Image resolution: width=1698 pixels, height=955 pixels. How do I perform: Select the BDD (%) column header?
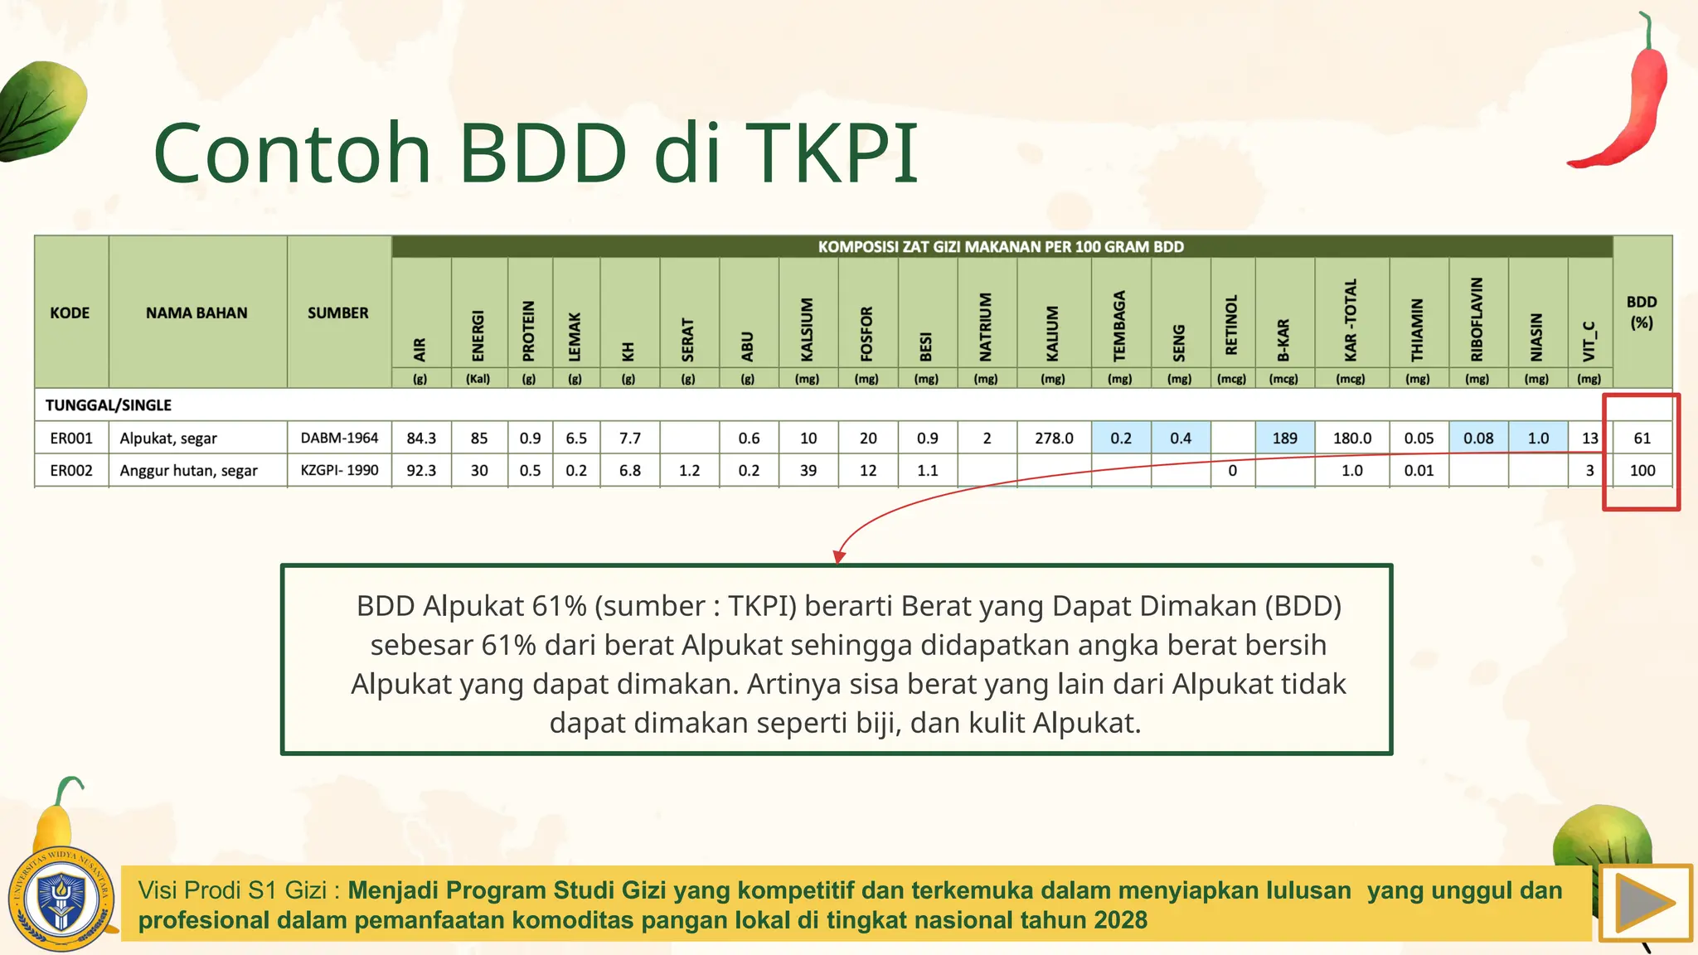tap(1642, 312)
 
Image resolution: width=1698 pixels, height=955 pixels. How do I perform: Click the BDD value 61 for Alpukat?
tap(1642, 438)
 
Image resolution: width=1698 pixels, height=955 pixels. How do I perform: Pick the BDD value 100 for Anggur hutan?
tap(1642, 470)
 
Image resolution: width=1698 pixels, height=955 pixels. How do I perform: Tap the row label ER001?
tap(71, 438)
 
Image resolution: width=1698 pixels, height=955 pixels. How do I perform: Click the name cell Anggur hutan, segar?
tap(188, 470)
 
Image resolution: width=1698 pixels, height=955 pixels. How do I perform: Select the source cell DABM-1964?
tap(339, 438)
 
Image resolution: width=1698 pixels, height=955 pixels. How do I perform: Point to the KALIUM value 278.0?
tap(1053, 438)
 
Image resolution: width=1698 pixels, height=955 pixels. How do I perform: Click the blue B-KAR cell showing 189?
tap(1284, 438)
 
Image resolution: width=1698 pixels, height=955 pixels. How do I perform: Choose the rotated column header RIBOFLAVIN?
tap(1477, 319)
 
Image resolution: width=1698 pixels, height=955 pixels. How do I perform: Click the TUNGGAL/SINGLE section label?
tap(108, 405)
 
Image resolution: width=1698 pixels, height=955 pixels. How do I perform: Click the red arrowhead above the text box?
tap(839, 556)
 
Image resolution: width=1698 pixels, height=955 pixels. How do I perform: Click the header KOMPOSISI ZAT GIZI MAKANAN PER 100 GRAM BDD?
tap(1001, 246)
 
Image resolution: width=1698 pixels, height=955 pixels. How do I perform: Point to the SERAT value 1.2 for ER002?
tap(689, 470)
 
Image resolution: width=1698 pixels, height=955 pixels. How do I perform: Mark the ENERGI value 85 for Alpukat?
tap(478, 438)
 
